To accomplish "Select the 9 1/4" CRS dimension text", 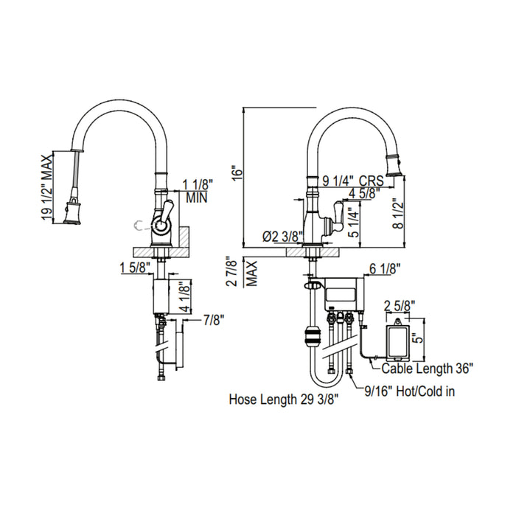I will pos(352,178).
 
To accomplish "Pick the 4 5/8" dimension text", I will pos(364,194).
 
